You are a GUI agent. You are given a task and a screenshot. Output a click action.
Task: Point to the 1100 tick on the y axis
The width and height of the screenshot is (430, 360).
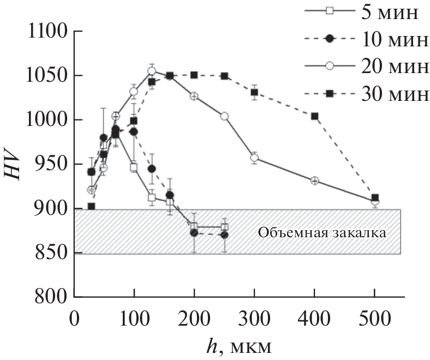[47, 32]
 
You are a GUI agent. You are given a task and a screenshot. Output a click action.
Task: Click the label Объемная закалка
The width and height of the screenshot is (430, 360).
[322, 233]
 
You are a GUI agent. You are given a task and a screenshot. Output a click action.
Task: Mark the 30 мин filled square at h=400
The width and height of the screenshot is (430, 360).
[314, 116]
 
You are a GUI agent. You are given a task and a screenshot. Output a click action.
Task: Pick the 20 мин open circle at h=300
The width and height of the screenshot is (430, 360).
[254, 158]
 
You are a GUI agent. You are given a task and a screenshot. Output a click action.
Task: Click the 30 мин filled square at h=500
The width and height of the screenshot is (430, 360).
[375, 197]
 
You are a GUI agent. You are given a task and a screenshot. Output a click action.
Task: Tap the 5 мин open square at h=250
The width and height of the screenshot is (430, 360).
[224, 227]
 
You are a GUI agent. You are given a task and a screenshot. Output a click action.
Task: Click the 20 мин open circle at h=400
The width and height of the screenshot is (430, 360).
[314, 181]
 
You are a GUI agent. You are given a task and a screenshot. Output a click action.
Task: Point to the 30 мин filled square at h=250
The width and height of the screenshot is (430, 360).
[224, 76]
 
